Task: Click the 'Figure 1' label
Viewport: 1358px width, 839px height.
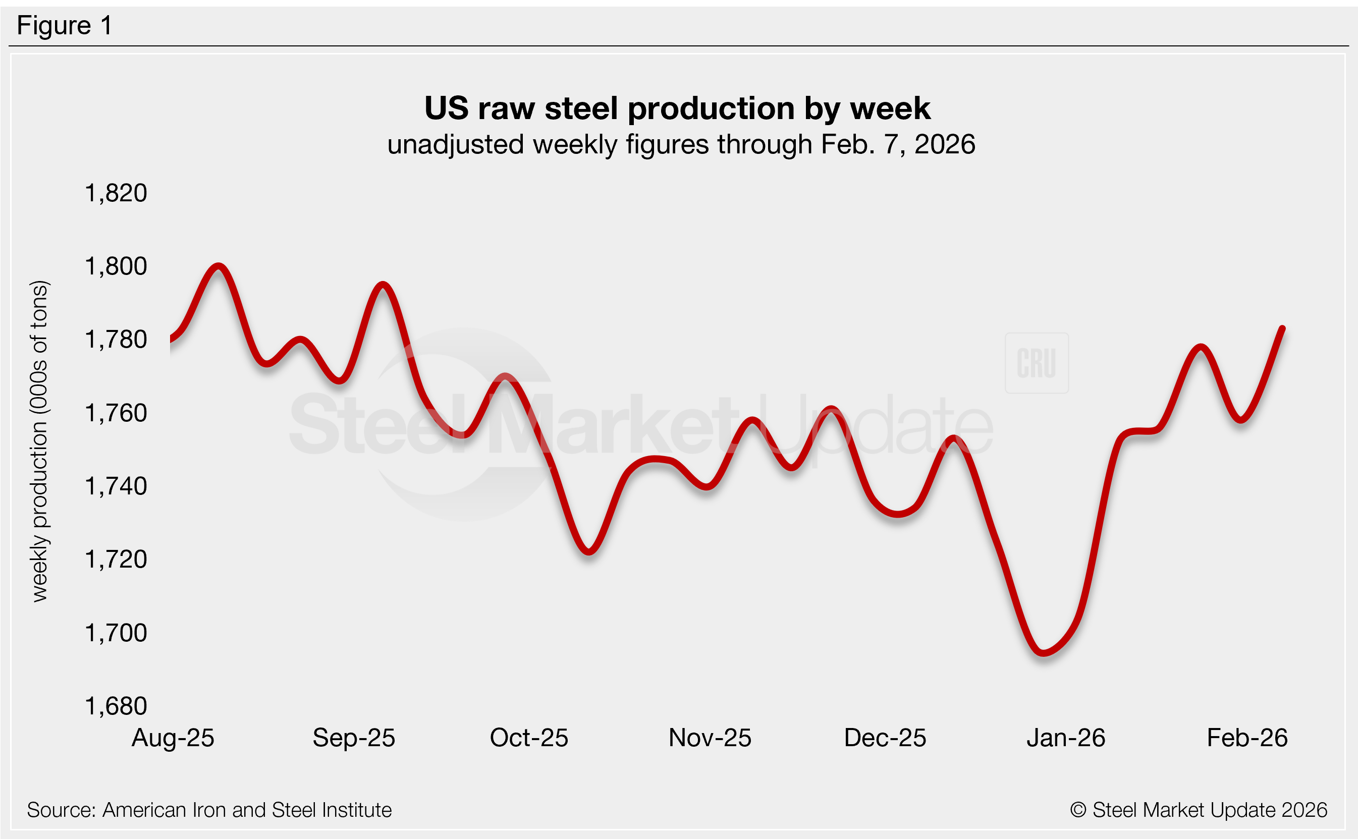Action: click(65, 26)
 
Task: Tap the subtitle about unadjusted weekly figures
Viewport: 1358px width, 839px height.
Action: click(681, 144)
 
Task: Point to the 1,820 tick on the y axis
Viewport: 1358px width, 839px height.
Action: click(116, 193)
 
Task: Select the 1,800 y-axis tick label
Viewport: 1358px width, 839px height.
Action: click(116, 266)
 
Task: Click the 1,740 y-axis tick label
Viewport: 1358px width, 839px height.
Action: click(116, 486)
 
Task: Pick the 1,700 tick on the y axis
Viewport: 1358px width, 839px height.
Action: click(116, 633)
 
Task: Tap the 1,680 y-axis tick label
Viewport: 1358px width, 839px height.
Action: click(116, 706)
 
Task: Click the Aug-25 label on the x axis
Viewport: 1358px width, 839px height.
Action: click(173, 738)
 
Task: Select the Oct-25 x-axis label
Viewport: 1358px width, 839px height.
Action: click(529, 738)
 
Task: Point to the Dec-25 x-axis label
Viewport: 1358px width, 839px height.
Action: click(885, 738)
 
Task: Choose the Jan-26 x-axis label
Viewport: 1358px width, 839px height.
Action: click(1065, 738)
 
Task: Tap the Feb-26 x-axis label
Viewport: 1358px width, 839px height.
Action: click(1247, 738)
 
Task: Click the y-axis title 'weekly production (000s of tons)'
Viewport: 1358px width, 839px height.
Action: click(39, 441)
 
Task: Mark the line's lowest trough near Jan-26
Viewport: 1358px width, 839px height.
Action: click(1044, 652)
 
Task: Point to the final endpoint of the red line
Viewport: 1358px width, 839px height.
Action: click(1282, 328)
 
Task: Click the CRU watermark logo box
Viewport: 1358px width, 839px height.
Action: click(1036, 363)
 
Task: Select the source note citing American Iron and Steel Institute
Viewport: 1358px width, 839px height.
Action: click(209, 810)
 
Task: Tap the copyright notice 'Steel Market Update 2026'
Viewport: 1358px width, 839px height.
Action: click(1199, 810)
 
